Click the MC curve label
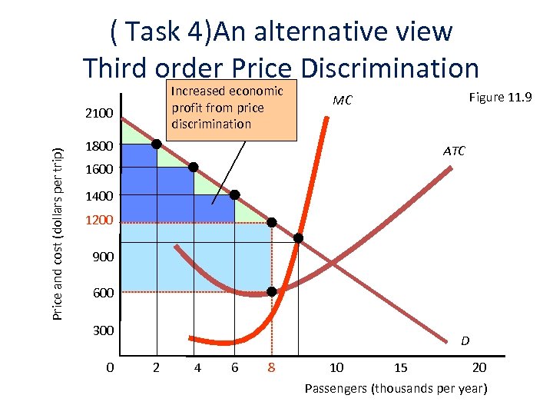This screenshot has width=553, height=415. click(343, 101)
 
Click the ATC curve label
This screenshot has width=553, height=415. click(454, 151)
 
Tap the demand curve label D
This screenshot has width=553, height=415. click(465, 340)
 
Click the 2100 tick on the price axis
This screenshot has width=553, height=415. click(99, 115)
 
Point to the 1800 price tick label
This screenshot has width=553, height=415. click(99, 146)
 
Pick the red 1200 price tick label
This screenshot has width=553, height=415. click(99, 221)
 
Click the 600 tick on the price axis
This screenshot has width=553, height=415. click(103, 293)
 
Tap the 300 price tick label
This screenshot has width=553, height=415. click(103, 330)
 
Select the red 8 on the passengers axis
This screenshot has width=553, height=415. click(271, 367)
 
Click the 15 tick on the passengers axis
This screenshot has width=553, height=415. click(399, 367)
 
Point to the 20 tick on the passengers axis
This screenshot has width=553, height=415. click(479, 367)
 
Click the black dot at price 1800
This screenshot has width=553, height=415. click(157, 144)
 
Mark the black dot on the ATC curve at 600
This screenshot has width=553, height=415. click(272, 292)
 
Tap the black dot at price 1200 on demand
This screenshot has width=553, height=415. click(272, 222)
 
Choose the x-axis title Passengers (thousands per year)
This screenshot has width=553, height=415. click(396, 388)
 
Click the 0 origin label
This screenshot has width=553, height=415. click(110, 367)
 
